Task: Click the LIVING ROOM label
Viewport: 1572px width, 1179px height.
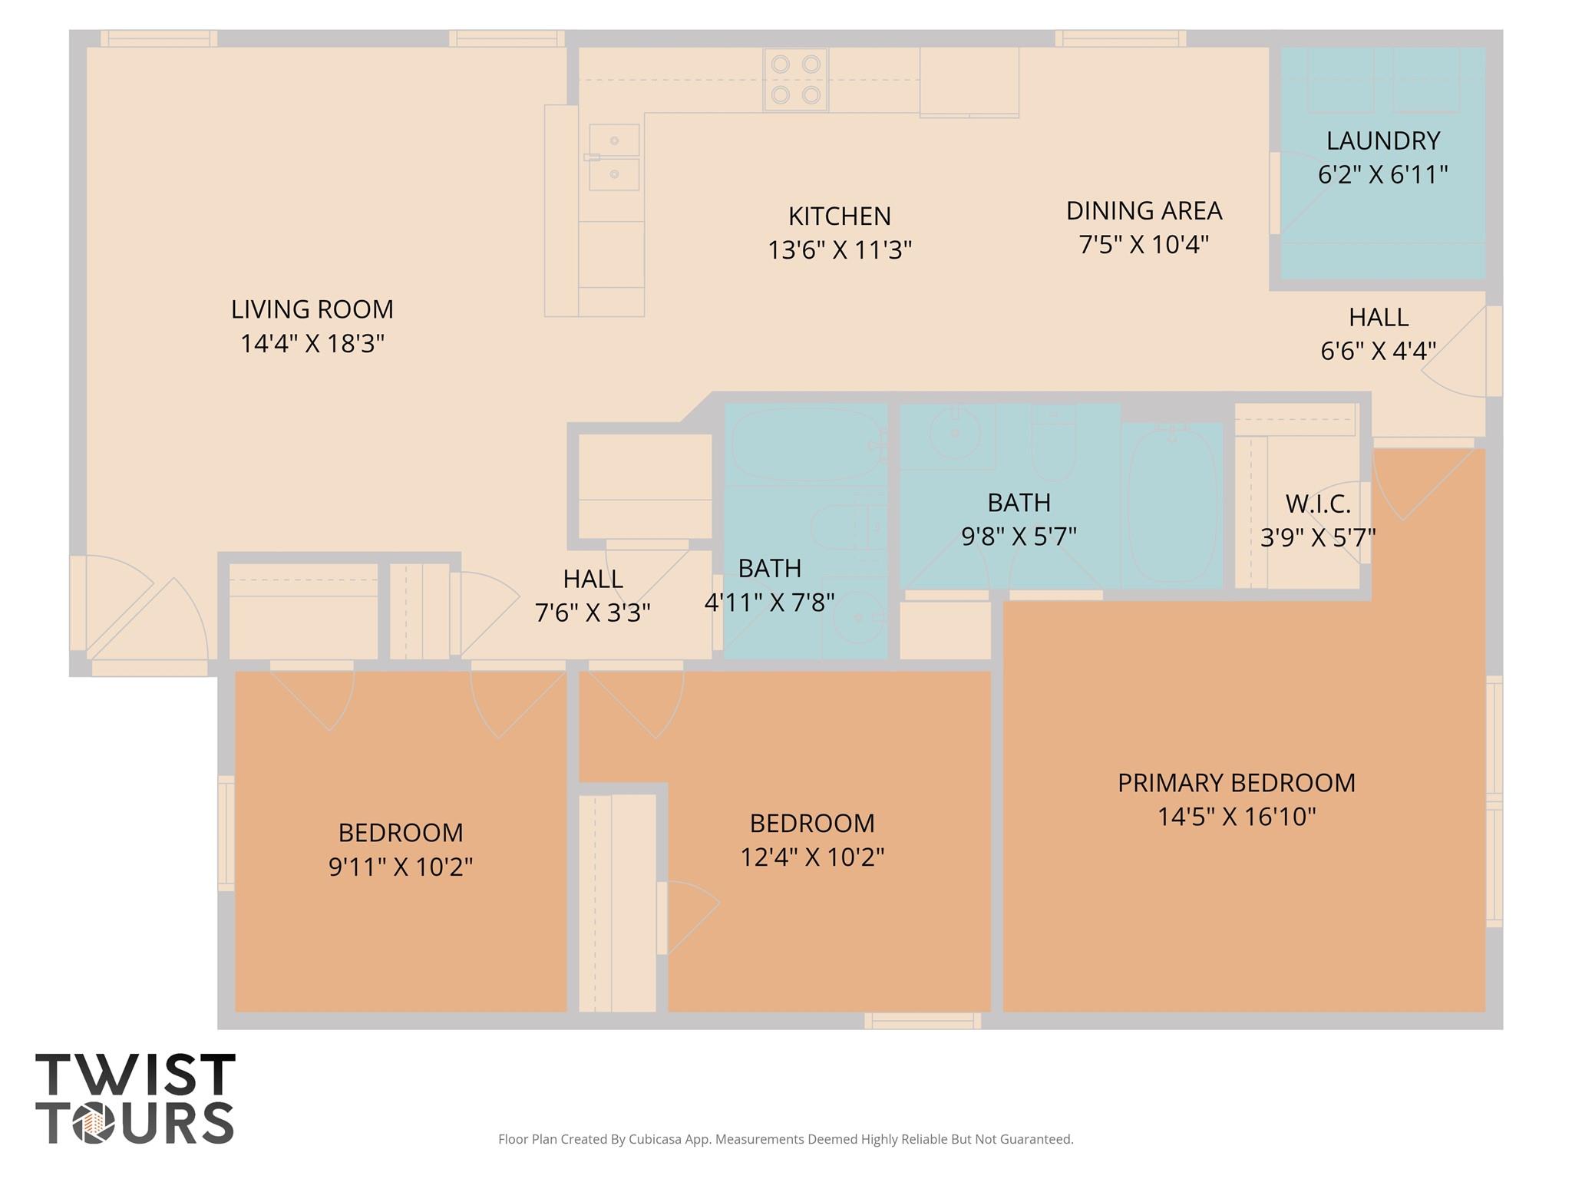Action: click(312, 309)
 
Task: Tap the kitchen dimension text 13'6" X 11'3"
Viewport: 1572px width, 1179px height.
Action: click(840, 250)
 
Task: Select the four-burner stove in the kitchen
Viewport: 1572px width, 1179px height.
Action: click(795, 80)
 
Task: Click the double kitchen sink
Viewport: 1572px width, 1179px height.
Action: click(614, 157)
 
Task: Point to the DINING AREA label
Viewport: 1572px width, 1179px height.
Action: click(1144, 210)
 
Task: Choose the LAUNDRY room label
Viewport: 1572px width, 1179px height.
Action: click(1383, 140)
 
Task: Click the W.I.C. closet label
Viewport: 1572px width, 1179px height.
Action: click(1318, 504)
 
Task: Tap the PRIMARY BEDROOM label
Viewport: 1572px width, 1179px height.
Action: click(1237, 783)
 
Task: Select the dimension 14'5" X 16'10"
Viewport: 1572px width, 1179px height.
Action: click(1237, 817)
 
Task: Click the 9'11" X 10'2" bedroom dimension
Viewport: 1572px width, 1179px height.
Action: click(401, 867)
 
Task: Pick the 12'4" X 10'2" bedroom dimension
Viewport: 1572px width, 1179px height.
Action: click(812, 857)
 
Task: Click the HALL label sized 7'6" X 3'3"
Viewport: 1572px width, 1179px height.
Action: click(593, 579)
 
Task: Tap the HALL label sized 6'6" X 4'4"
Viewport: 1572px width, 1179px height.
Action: click(1379, 317)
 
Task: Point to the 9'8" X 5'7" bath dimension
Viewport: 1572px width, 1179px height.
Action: click(1019, 536)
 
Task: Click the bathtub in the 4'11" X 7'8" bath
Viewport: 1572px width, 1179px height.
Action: click(806, 444)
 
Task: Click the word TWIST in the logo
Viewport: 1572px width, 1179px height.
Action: click(135, 1075)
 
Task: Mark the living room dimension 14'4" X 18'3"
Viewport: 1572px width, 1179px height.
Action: click(312, 343)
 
